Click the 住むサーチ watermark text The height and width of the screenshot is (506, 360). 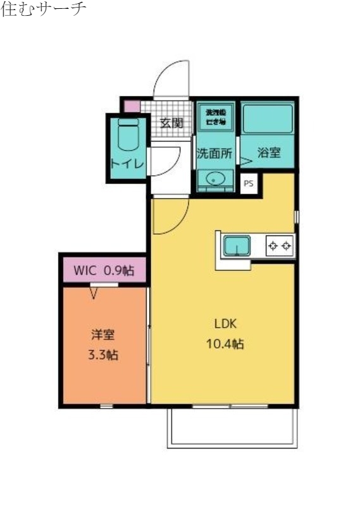pyautogui.click(x=44, y=10)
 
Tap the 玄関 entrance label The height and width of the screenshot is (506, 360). pyautogui.click(x=171, y=123)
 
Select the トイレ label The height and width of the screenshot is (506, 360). pyautogui.click(x=127, y=163)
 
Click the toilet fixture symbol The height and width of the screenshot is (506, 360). pyautogui.click(x=127, y=137)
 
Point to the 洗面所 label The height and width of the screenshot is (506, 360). pyautogui.click(x=214, y=153)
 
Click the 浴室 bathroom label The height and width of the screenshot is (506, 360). pyautogui.click(x=269, y=153)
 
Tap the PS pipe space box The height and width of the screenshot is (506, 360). pyautogui.click(x=249, y=183)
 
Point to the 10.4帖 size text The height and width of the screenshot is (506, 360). pyautogui.click(x=225, y=344)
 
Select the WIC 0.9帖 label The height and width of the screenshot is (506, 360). pyautogui.click(x=104, y=270)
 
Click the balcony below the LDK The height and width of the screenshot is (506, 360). pyautogui.click(x=232, y=428)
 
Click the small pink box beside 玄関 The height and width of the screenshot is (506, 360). pyautogui.click(x=131, y=106)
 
